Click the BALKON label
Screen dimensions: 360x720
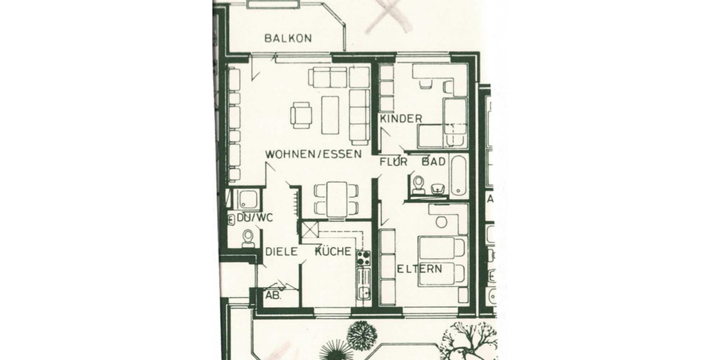288,38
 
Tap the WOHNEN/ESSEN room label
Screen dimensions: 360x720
314,154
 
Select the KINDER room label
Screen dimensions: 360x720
401,119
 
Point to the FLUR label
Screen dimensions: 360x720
394,161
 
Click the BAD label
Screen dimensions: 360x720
433,161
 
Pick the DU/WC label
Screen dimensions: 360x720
254,218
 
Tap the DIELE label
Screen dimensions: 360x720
282,252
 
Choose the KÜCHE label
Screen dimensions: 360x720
334,252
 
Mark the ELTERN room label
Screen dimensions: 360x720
420,269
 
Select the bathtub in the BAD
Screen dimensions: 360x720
459,176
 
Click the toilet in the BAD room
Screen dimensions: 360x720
418,184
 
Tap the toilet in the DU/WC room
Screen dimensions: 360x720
247,239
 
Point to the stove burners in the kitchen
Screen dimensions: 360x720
364,259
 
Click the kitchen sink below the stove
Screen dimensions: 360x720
364,293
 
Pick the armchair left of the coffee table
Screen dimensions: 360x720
301,115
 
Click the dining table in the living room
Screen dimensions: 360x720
337,199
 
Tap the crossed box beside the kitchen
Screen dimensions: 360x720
309,230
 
